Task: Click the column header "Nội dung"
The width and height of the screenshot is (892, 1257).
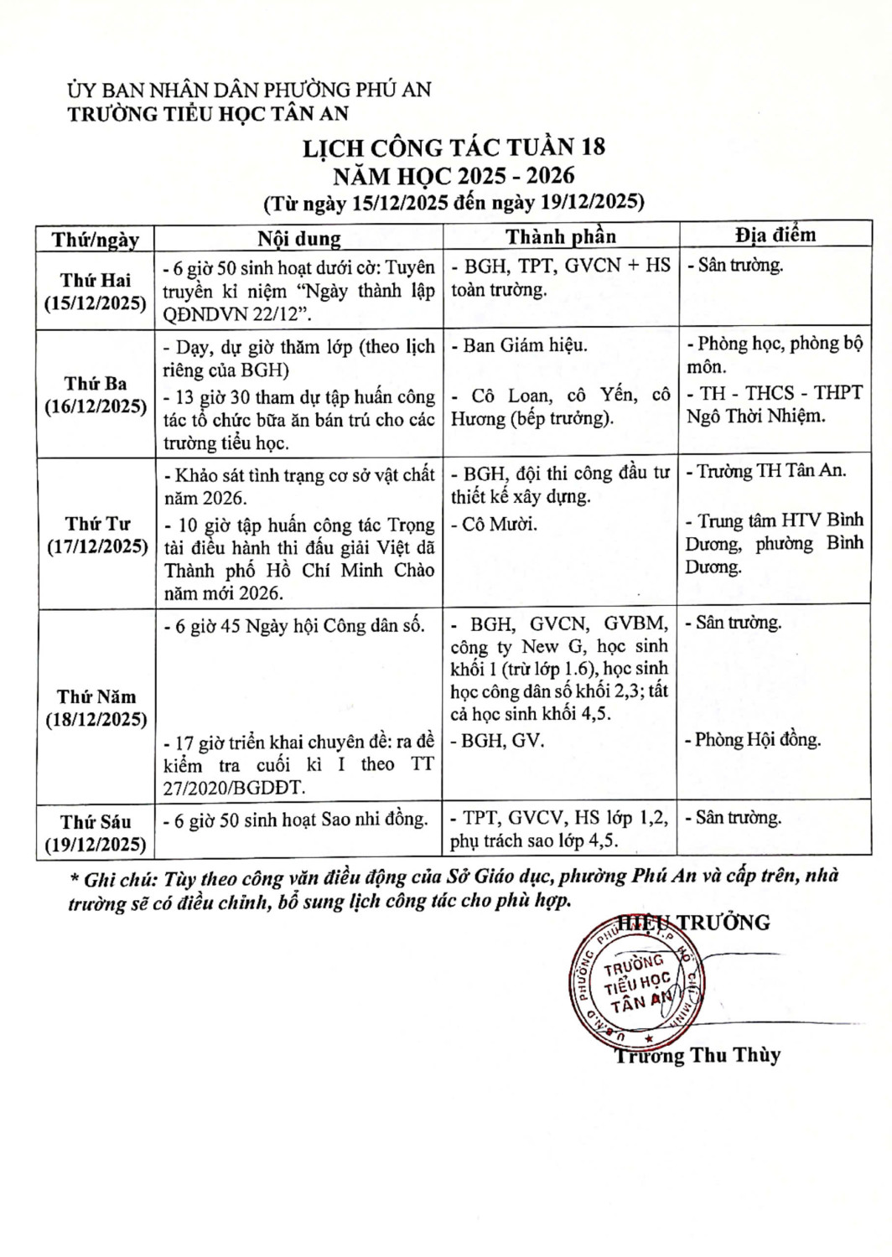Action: [x=299, y=239]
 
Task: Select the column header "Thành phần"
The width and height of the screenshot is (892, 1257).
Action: [x=560, y=237]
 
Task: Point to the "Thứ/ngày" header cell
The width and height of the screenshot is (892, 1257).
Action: [x=96, y=240]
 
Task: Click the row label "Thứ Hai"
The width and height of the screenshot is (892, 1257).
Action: [x=96, y=280]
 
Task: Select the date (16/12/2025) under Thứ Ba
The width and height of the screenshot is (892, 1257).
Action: [x=96, y=406]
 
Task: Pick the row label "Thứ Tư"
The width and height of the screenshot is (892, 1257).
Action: [x=97, y=525]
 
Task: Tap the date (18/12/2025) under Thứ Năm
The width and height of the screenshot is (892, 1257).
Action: [x=96, y=720]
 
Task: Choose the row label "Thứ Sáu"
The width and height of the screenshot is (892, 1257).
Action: [x=96, y=822]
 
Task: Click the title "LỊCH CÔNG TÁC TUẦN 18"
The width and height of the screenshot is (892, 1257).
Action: [x=454, y=147]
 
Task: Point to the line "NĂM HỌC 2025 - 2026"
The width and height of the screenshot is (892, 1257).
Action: [x=454, y=175]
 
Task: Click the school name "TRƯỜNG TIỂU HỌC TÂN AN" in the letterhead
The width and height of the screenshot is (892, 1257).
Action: [x=208, y=114]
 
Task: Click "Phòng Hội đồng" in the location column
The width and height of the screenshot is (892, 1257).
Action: [x=758, y=740]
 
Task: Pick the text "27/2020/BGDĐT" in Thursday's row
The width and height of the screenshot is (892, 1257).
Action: [x=235, y=788]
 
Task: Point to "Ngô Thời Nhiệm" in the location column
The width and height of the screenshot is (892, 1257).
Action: [x=756, y=416]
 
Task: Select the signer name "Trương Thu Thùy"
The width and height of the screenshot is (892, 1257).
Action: [x=698, y=1056]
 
